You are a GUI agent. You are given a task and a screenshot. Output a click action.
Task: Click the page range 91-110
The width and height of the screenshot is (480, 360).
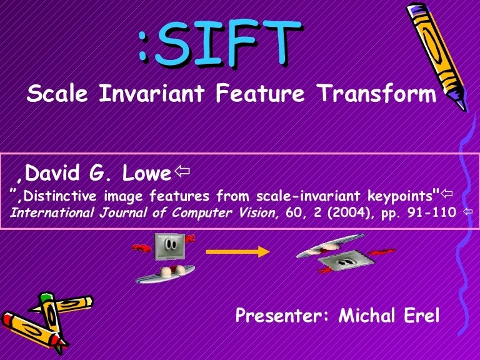[429, 213]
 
